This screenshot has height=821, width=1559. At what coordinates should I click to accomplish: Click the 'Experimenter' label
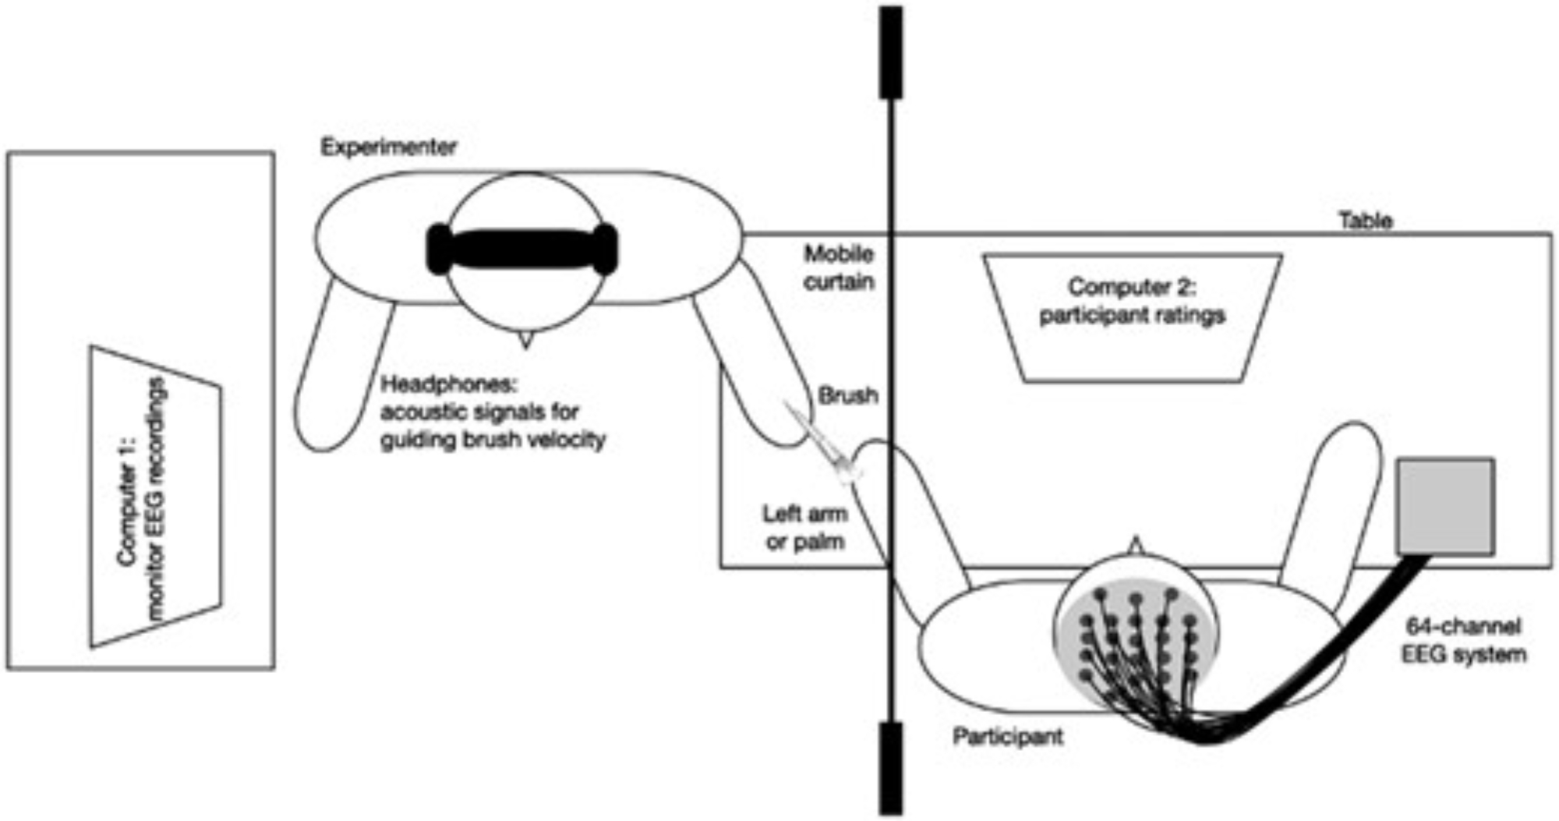coord(388,147)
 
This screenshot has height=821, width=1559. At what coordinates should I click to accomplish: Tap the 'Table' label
coord(1365,221)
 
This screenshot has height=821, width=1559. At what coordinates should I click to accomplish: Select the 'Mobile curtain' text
coord(839,267)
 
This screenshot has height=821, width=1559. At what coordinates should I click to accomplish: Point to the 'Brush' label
coord(848,395)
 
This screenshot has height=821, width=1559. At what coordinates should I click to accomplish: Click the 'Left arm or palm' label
coord(804,527)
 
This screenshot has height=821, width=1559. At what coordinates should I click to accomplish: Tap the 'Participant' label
coord(1007,736)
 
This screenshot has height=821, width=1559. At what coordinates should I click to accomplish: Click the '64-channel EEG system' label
coord(1463,639)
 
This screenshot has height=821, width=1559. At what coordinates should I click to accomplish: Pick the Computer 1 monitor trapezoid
coord(155,497)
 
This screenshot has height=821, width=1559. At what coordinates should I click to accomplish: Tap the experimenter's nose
coord(524,340)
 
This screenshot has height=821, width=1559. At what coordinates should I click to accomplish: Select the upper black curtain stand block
coord(891,52)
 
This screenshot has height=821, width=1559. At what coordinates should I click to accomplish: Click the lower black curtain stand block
coord(891,767)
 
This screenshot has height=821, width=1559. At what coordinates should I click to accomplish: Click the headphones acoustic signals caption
coord(493,412)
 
